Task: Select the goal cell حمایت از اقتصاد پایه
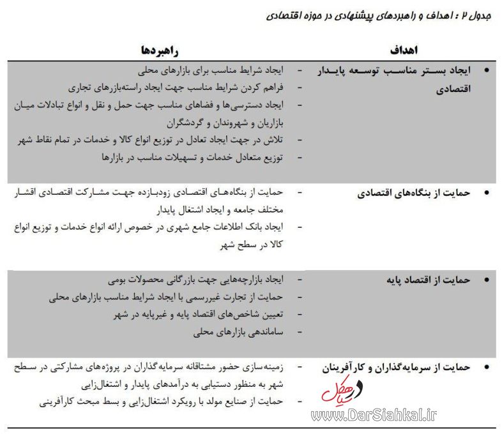429,280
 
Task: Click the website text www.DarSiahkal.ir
374,416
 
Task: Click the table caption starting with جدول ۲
377,14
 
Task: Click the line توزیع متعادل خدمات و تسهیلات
192,156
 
